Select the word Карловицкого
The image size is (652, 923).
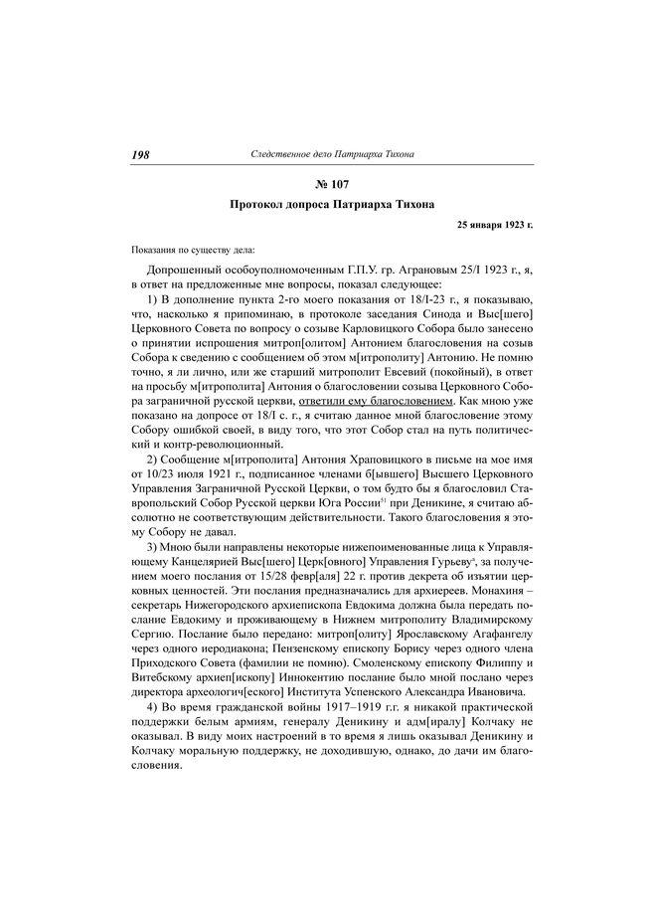coord(369,322)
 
